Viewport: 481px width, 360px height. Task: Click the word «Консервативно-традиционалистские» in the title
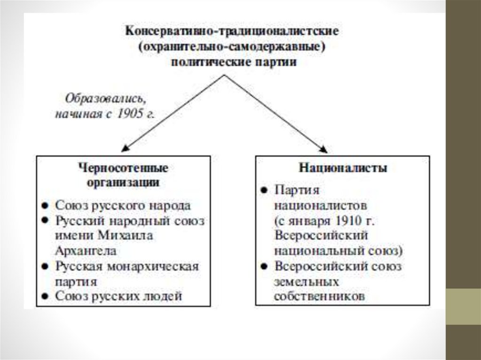pos(232,32)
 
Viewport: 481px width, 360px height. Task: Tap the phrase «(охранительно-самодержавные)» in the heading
pos(232,47)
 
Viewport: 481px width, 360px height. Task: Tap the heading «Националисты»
pos(343,168)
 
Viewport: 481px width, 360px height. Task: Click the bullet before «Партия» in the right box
pos(264,190)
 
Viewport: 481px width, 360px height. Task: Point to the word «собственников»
pos(319,297)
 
